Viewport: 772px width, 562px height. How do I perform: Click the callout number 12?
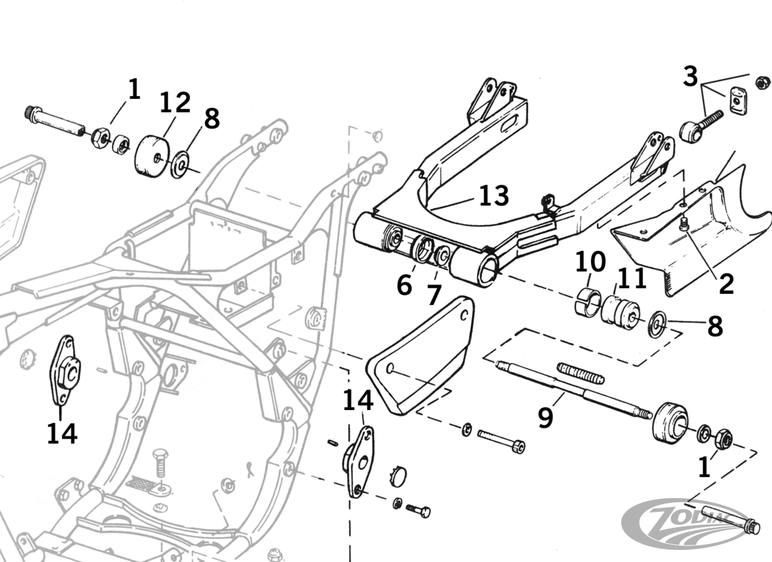pyautogui.click(x=175, y=103)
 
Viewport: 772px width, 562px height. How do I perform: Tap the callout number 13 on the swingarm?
pyautogui.click(x=494, y=196)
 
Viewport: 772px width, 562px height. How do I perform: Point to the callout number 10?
pyautogui.click(x=590, y=262)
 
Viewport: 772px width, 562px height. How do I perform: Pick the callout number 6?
pyautogui.click(x=404, y=285)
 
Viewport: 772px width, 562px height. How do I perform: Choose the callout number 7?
pyautogui.click(x=434, y=295)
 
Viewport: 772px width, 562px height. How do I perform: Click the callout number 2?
pyautogui.click(x=726, y=283)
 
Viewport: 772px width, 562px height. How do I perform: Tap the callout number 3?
pyautogui.click(x=690, y=77)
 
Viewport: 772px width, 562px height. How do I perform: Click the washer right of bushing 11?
pyautogui.click(x=657, y=323)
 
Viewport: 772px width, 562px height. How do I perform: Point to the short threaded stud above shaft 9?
pyautogui.click(x=580, y=373)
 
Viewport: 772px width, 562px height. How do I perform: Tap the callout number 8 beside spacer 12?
pyautogui.click(x=212, y=119)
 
